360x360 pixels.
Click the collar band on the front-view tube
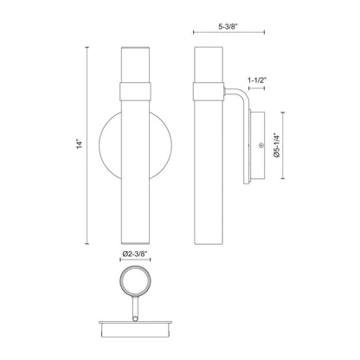[x=132, y=88]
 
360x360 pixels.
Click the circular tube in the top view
[x=132, y=283]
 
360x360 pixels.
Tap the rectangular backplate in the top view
[x=132, y=326]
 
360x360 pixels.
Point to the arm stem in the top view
[x=132, y=309]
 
